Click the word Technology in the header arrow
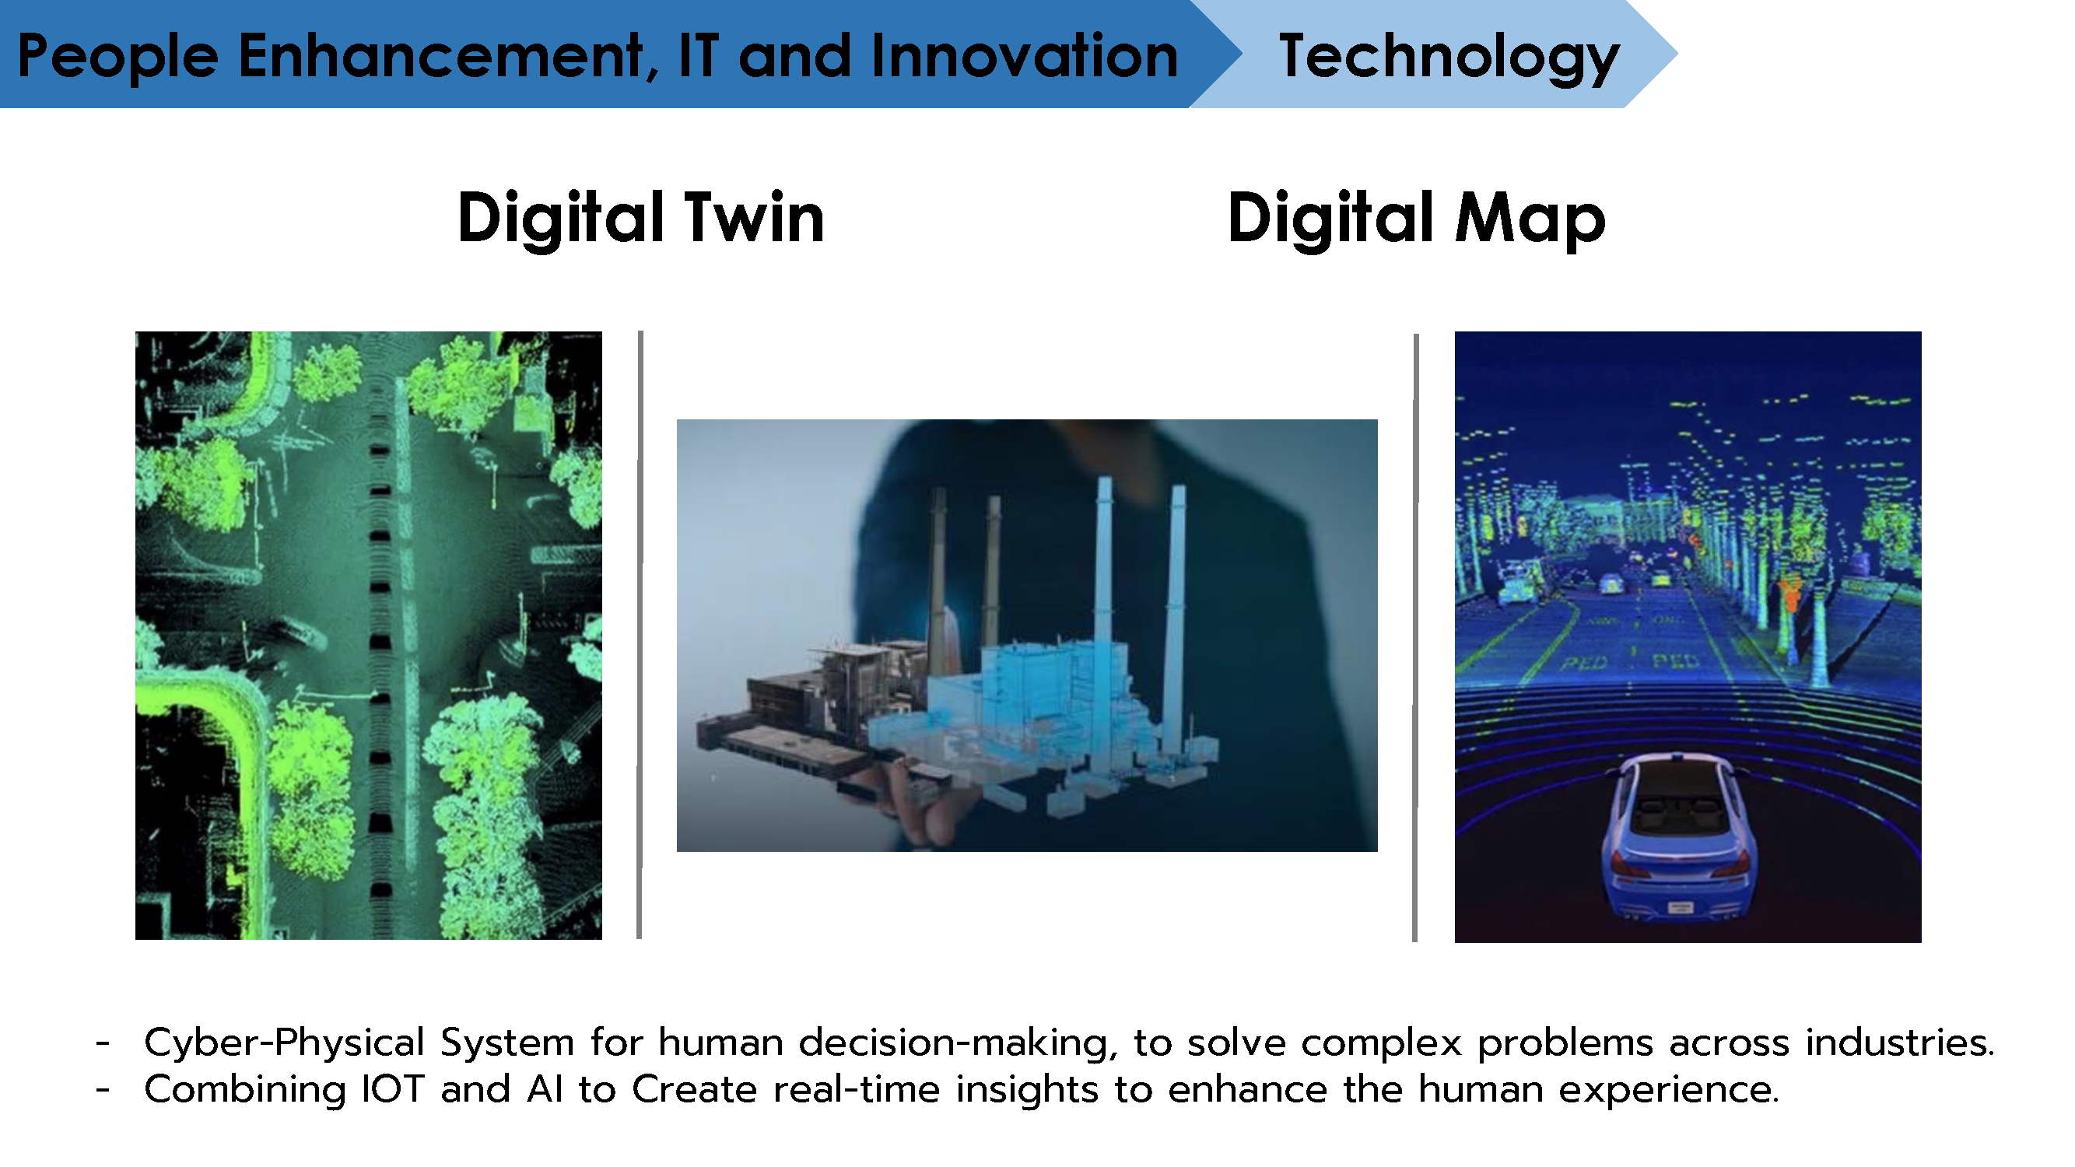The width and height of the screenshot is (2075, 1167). click(x=1449, y=56)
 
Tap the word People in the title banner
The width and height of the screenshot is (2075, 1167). click(x=117, y=56)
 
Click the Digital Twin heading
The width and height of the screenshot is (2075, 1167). click(x=641, y=219)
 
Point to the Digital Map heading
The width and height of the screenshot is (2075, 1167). click(x=1417, y=219)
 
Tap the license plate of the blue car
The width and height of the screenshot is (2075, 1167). click(x=1681, y=907)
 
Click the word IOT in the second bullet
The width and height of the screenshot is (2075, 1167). click(x=393, y=1090)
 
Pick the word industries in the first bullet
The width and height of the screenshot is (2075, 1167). click(x=1900, y=1043)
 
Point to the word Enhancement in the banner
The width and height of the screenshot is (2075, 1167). click(x=440, y=56)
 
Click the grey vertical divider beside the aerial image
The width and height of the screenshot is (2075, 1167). click(x=640, y=635)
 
